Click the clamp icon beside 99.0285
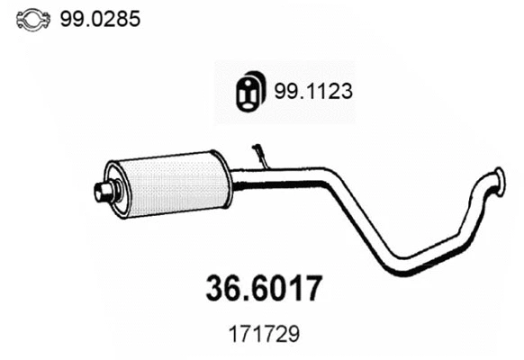pyautogui.click(x=32, y=18)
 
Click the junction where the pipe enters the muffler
pyautogui.click(x=233, y=179)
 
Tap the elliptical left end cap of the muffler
pyautogui.click(x=113, y=190)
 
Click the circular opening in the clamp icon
pyautogui.click(x=32, y=18)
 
